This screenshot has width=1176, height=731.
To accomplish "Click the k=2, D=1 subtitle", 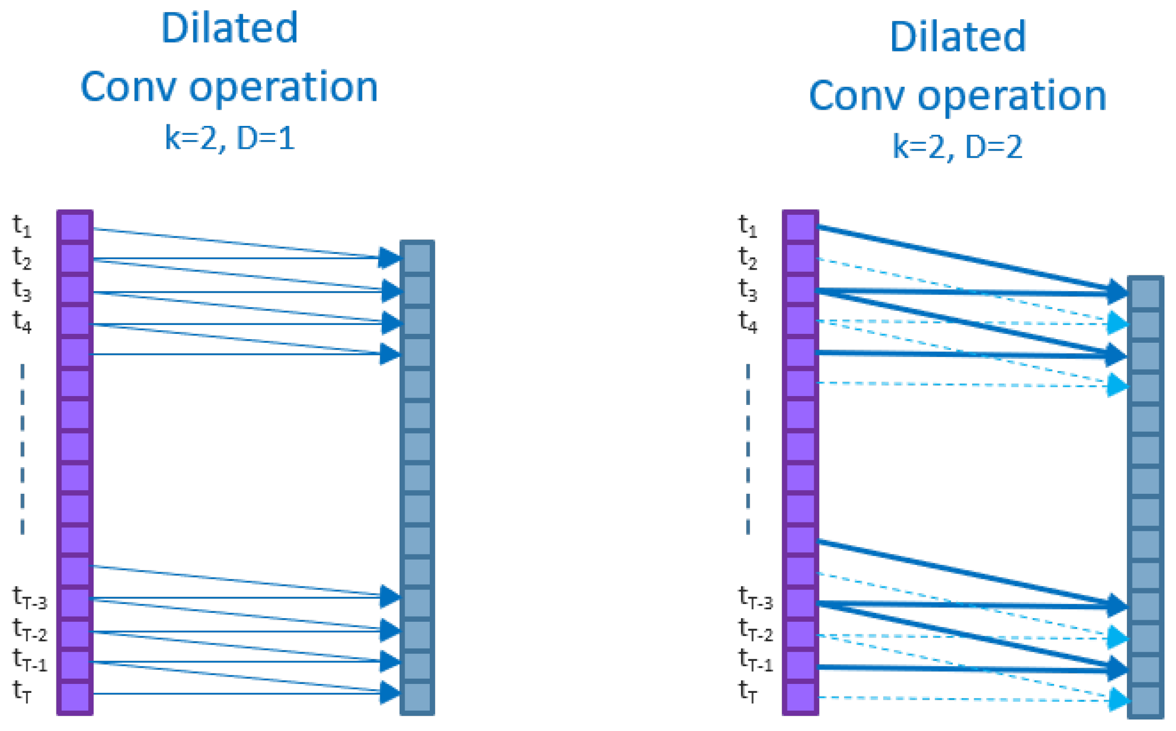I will point(230,138).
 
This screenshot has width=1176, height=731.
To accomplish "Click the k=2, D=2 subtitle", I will point(957,147).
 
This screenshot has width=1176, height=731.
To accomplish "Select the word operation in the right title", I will point(1012,96).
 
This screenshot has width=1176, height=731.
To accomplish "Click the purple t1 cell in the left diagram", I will point(75,227).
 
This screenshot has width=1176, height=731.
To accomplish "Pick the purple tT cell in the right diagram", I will point(801,698).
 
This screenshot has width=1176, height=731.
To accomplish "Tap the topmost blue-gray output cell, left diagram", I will point(417,258).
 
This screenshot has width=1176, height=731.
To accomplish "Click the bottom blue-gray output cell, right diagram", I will point(1146,701).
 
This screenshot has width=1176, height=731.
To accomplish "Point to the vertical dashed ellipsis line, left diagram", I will point(22,449).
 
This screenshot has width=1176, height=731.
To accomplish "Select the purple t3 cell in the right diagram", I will point(801,290).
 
